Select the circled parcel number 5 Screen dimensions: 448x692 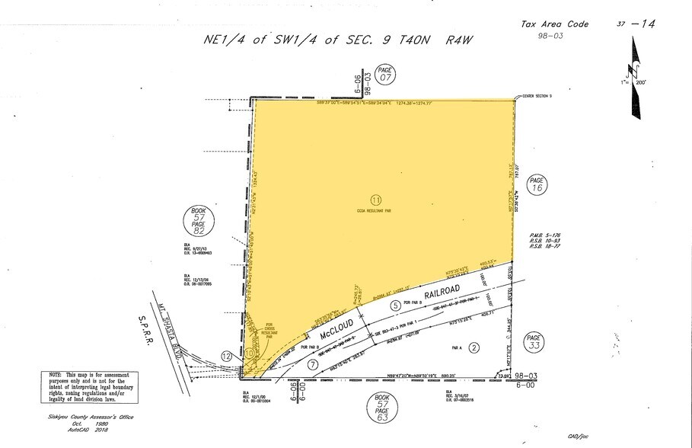[395, 306]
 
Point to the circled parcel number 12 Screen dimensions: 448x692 [226, 356]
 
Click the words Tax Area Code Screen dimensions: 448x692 [554, 24]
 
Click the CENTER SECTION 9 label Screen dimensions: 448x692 [541, 96]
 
